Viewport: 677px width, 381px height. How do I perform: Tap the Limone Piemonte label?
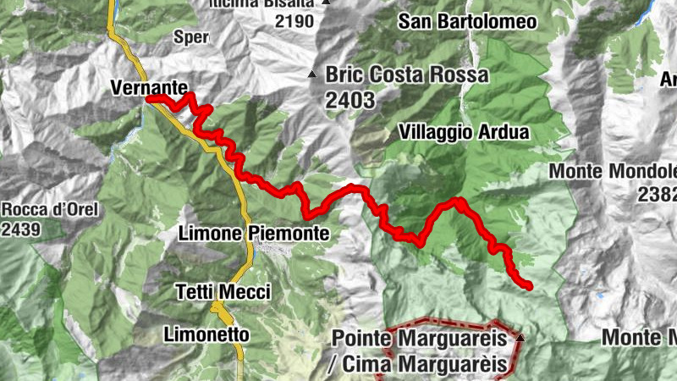tap(253, 232)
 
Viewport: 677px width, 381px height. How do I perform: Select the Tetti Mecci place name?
tap(223, 292)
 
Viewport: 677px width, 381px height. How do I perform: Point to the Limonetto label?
tap(206, 333)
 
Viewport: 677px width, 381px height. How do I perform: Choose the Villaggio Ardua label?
tap(464, 133)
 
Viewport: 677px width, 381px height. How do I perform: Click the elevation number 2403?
tap(350, 99)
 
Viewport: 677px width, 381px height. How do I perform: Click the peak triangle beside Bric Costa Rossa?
tap(312, 75)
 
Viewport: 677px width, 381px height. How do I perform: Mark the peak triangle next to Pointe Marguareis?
tap(520, 338)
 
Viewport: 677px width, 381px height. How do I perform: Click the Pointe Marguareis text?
tap(419, 339)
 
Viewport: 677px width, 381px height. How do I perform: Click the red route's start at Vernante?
tap(151, 99)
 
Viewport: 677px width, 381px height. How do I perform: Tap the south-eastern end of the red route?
tap(529, 286)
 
